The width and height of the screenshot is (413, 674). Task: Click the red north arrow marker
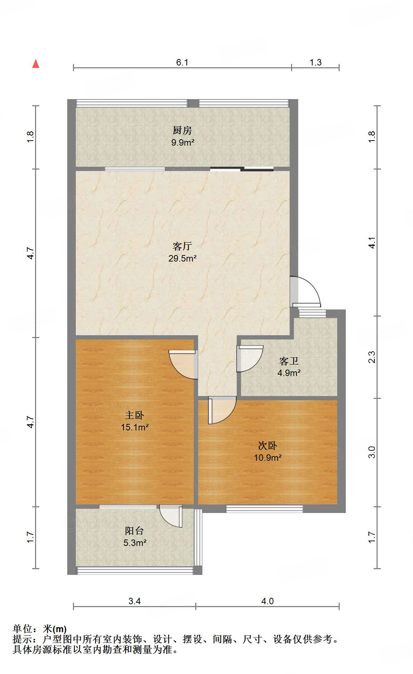click(x=36, y=64)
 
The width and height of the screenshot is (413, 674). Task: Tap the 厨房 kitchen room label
click(x=182, y=131)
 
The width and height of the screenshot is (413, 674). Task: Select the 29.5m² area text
click(x=182, y=258)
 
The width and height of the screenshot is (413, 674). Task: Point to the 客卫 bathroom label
click(x=289, y=361)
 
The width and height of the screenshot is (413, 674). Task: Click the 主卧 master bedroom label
click(x=134, y=415)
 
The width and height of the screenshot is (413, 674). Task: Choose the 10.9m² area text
click(x=267, y=458)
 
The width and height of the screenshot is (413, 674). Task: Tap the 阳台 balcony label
click(x=134, y=531)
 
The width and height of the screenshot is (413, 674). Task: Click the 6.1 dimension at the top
click(x=182, y=63)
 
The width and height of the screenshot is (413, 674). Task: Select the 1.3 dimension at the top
click(x=315, y=63)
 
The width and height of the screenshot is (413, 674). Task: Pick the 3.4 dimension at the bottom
click(x=134, y=601)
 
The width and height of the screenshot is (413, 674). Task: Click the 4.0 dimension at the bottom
click(x=267, y=601)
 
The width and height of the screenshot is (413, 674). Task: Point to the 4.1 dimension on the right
click(x=372, y=243)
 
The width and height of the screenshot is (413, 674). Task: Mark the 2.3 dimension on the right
click(x=372, y=357)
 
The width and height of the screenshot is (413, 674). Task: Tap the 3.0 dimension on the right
click(x=372, y=452)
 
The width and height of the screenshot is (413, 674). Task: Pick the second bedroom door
click(x=222, y=410)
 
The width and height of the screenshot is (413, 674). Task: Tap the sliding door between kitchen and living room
click(x=242, y=169)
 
